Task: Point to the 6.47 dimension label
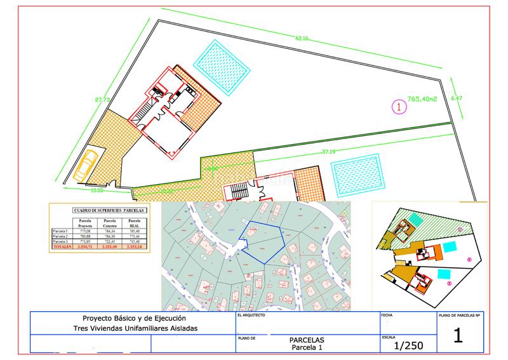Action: pyautogui.click(x=457, y=98)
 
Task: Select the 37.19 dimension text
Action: pyautogui.click(x=329, y=152)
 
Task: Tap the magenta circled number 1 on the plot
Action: pyautogui.click(x=398, y=107)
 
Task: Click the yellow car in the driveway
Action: pyautogui.click(x=86, y=164)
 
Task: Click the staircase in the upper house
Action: pyautogui.click(x=152, y=102)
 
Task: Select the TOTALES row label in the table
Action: pyautogui.click(x=63, y=246)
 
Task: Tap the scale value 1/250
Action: pyautogui.click(x=407, y=345)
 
